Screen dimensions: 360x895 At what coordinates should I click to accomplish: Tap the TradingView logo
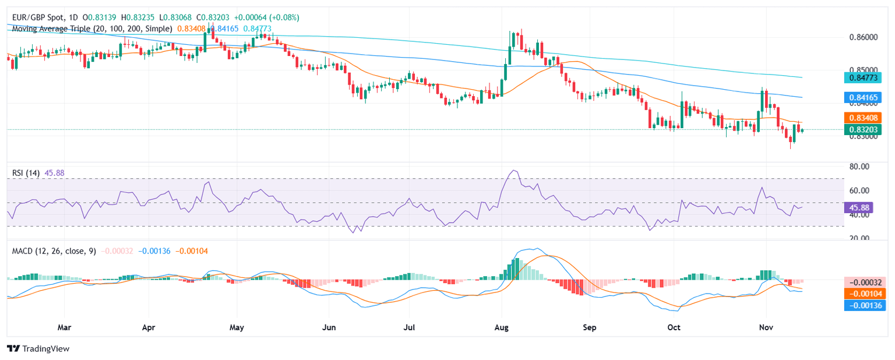(x=38, y=348)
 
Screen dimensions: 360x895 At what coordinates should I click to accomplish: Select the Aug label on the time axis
(x=502, y=328)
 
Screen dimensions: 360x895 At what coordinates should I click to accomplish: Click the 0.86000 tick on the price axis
(x=865, y=37)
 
